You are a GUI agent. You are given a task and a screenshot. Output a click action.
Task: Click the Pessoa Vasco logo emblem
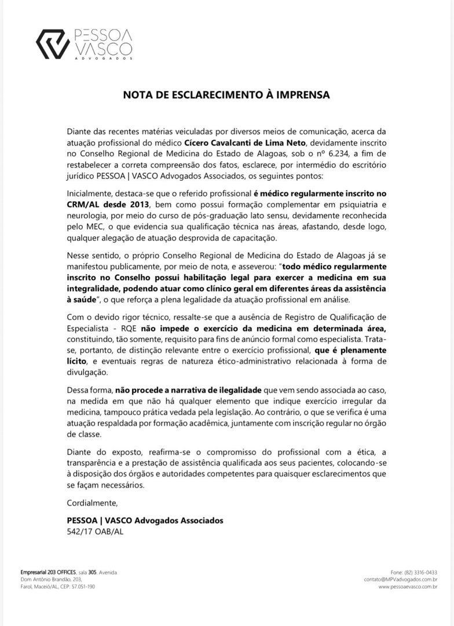53,44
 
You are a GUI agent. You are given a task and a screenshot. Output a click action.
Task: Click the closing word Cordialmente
92,502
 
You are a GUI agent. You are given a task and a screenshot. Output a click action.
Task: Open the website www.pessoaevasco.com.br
408,587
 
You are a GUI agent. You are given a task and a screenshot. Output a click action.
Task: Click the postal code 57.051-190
80,587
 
